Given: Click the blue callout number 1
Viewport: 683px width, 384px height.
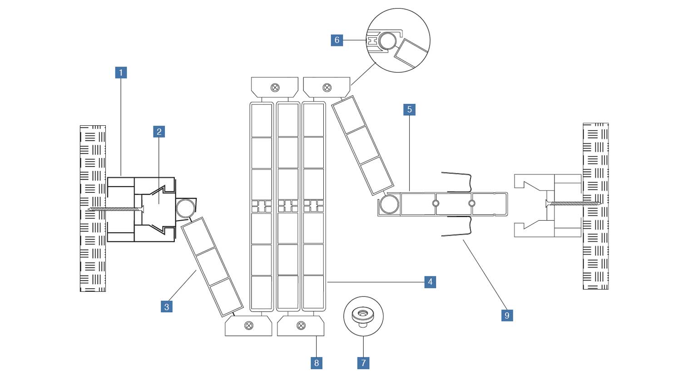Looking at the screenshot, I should click(x=121, y=73).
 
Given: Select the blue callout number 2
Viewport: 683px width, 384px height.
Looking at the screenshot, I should click(x=159, y=132).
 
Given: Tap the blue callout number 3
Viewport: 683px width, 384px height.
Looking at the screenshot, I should click(x=167, y=307).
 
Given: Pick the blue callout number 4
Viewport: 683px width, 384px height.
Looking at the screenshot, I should click(x=430, y=282).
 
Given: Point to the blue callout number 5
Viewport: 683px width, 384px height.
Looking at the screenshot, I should click(x=410, y=109).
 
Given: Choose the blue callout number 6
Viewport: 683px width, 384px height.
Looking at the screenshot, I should click(x=337, y=40).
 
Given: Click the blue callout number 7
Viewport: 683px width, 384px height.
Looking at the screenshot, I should click(x=363, y=363).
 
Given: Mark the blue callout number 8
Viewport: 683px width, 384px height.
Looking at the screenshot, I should click(x=317, y=363).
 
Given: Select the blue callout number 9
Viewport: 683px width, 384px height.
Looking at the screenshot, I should click(x=507, y=315).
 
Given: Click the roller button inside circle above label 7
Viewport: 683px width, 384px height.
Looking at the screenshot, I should click(x=363, y=314).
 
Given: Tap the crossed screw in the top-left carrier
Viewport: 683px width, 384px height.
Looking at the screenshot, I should click(x=275, y=88).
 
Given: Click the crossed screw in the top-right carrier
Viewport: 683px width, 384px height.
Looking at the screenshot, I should click(x=327, y=88).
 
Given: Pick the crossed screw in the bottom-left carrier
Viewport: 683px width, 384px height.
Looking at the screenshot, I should click(x=249, y=325).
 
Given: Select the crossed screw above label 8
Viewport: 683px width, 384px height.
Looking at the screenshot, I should click(x=301, y=325).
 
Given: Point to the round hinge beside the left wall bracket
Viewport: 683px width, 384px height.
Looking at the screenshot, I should click(x=184, y=208).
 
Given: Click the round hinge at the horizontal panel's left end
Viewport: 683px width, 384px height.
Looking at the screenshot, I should click(x=389, y=205).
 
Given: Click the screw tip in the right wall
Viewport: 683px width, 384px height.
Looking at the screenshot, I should click(x=600, y=204).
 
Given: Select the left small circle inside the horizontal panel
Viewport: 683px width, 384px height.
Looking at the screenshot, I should click(x=436, y=203).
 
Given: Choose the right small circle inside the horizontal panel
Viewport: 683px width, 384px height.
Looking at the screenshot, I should click(x=472, y=203).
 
